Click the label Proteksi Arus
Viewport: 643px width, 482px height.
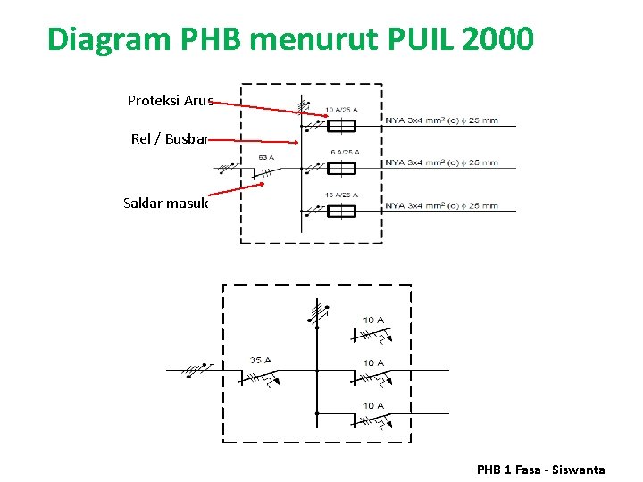click(171, 101)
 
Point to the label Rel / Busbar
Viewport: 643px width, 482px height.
click(170, 139)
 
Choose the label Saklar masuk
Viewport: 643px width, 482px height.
click(165, 204)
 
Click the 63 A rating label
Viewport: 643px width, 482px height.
click(266, 157)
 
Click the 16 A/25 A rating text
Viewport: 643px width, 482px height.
click(341, 195)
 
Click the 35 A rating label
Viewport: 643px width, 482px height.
click(261, 361)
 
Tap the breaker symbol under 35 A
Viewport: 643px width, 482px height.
click(259, 378)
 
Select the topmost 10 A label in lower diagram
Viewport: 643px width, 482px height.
click(373, 320)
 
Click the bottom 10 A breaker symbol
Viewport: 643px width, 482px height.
click(371, 420)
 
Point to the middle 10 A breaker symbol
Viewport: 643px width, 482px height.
click(371, 378)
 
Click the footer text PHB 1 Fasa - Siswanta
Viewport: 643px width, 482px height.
click(540, 470)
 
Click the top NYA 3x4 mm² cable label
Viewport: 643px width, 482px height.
click(441, 120)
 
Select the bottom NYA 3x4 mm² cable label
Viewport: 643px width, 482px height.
click(441, 206)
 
